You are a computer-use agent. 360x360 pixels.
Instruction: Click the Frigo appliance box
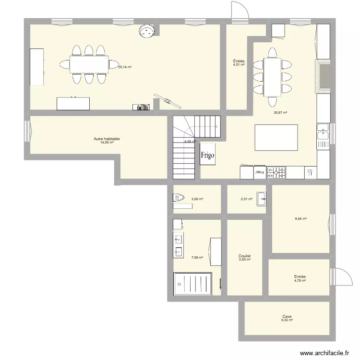pos(208,155)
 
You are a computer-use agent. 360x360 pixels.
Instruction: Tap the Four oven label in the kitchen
pos(259,171)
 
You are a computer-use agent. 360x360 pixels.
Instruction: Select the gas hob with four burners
pos(276,172)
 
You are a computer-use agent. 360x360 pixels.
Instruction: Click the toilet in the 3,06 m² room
pos(179,197)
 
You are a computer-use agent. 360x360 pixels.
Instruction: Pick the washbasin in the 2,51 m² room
pos(261,198)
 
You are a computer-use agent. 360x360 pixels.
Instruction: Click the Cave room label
pos(287,317)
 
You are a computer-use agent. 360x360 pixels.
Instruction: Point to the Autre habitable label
pos(107,139)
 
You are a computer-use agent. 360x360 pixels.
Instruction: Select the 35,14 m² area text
pos(125,67)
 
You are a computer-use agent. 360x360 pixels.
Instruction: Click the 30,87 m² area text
pos(280,113)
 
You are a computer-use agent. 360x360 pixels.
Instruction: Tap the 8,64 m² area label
pos(300,219)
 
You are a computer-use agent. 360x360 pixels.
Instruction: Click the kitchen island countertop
pos(276,138)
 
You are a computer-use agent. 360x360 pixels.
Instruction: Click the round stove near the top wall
pos(146,31)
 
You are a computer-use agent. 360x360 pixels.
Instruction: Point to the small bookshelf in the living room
pos(142,107)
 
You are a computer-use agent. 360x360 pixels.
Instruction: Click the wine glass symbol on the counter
pos(310,171)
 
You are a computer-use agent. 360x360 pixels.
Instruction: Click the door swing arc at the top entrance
pos(239,10)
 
